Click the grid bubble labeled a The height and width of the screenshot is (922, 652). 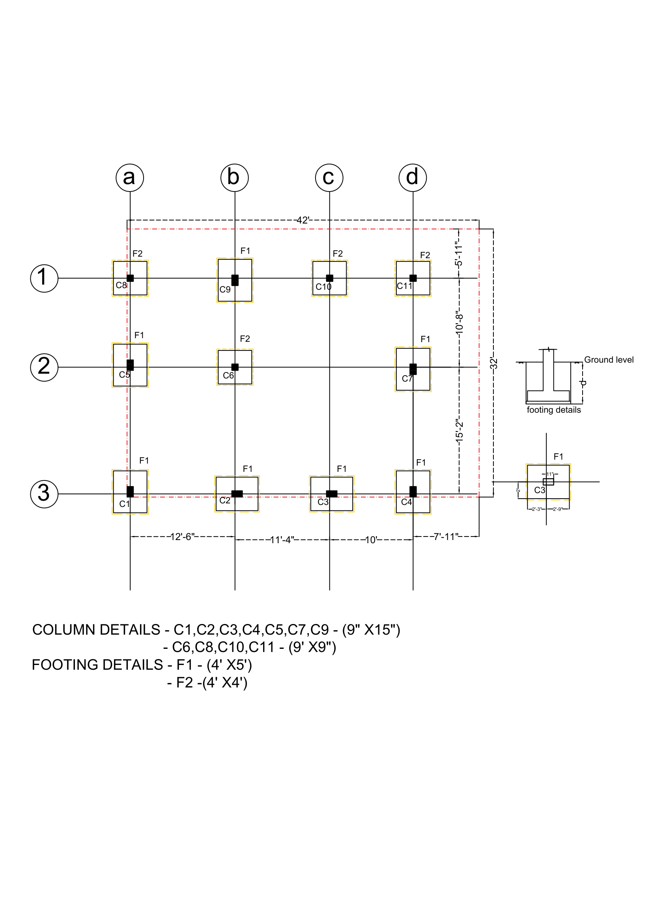tap(130, 177)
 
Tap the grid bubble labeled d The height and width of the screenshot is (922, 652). tap(413, 177)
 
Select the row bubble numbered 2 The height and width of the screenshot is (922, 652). tap(44, 367)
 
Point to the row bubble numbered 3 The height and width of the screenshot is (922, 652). tap(44, 494)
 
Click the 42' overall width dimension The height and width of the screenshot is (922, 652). tap(303, 220)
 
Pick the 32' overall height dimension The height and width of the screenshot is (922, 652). tap(494, 363)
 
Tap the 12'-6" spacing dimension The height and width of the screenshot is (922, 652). tap(182, 536)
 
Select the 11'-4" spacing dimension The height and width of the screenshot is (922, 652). tap(282, 540)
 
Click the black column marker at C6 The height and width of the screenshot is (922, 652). tap(235, 367)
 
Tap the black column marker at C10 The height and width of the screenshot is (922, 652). tap(329, 278)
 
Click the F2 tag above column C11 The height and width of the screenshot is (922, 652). tap(425, 255)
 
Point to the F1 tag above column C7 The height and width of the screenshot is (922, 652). tap(425, 339)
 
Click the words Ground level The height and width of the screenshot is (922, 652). tap(609, 359)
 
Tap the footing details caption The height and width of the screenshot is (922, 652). tap(553, 410)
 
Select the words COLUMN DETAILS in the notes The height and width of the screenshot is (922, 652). tap(96, 629)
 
